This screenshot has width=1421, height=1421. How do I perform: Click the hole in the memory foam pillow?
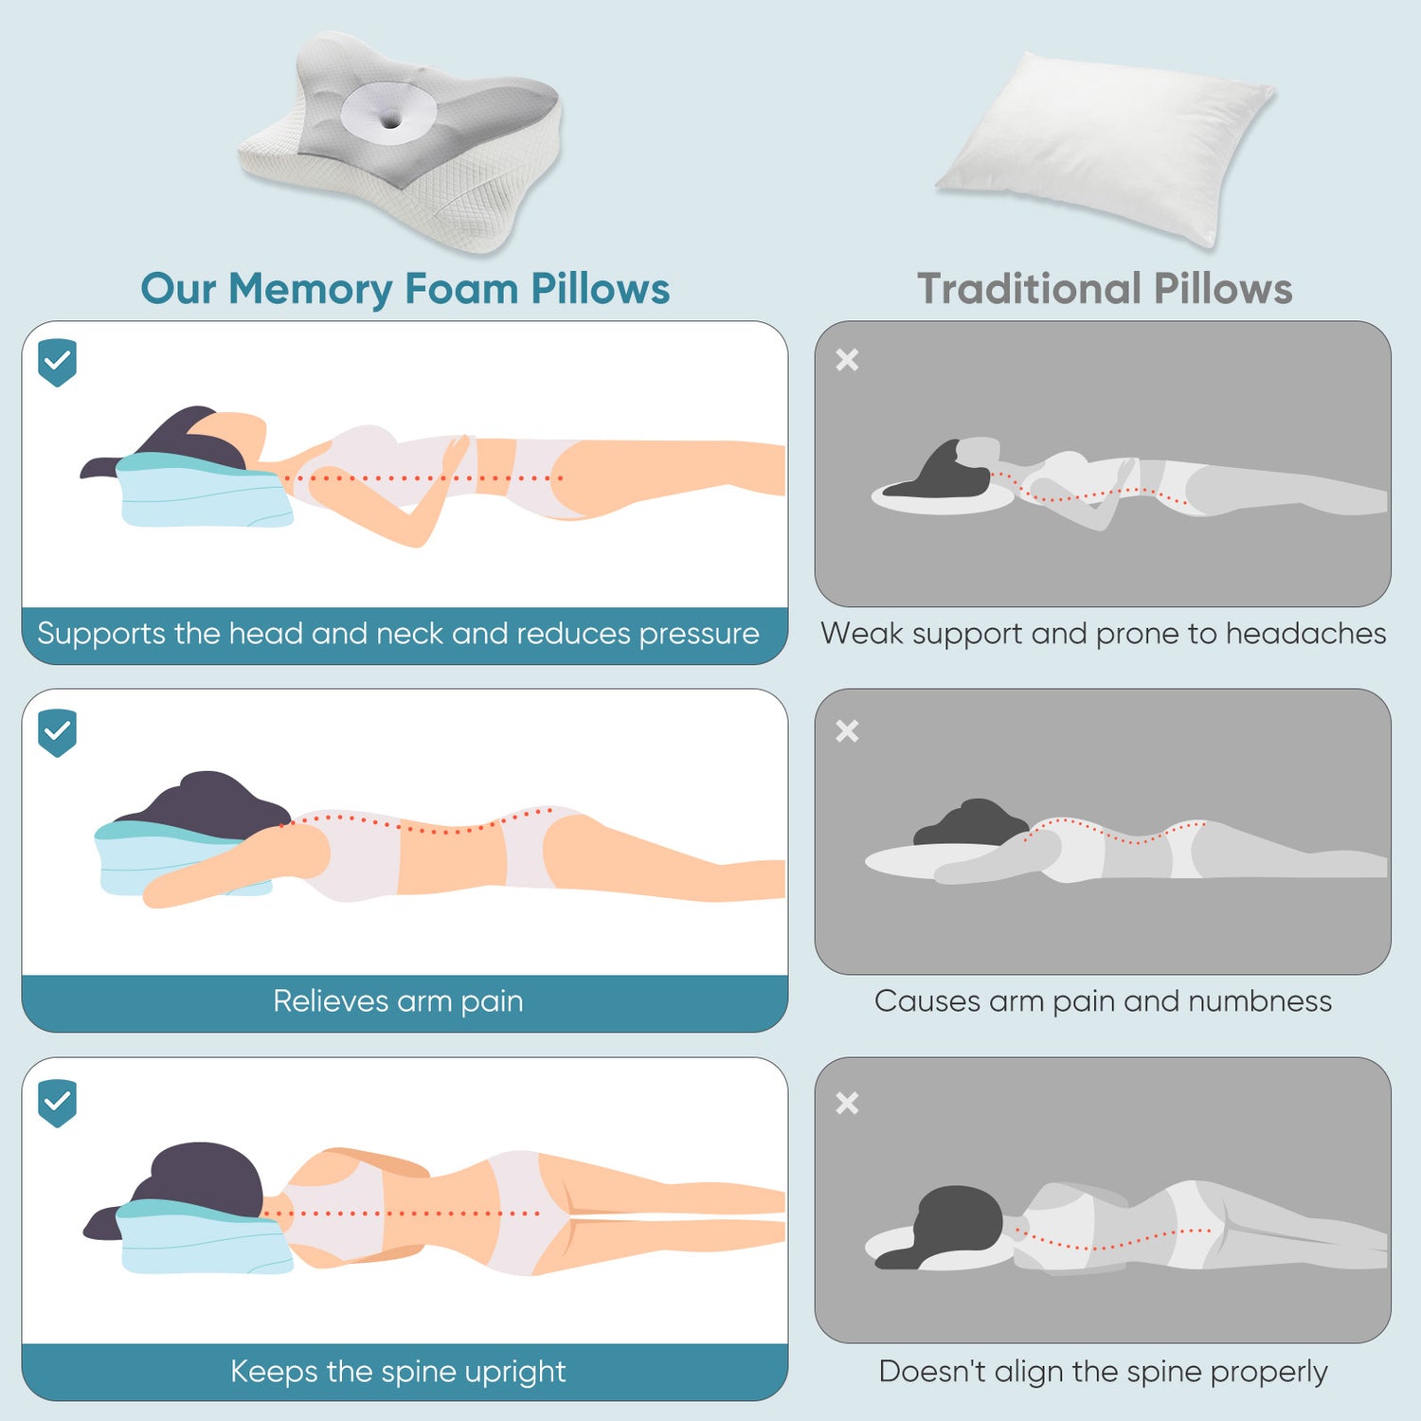[x=389, y=120]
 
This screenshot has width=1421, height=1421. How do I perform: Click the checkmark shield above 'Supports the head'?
[x=57, y=362]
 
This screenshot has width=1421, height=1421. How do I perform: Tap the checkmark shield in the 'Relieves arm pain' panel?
[x=57, y=732]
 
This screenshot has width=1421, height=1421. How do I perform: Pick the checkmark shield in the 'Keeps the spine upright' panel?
[x=57, y=1103]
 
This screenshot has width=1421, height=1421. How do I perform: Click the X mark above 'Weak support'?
[x=847, y=360]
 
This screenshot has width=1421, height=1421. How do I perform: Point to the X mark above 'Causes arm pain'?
[x=847, y=731]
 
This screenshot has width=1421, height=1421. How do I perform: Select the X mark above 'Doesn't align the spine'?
[x=847, y=1103]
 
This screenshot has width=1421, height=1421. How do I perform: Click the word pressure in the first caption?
[x=699, y=634]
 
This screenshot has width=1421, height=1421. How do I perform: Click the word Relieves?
[x=331, y=1001]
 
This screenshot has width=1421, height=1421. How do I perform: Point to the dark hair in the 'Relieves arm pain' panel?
[x=213, y=800]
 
